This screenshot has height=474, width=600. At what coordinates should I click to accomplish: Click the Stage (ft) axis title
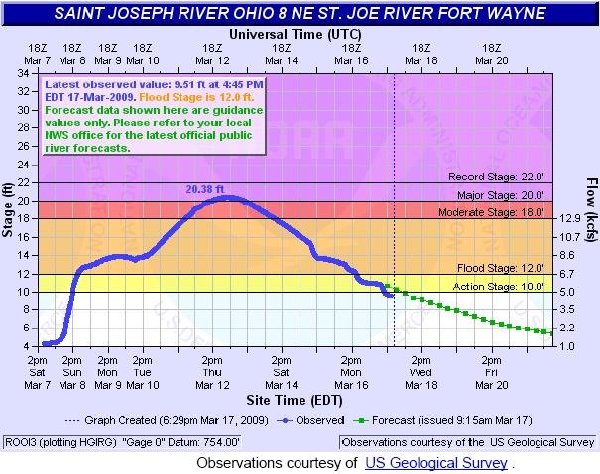point(9,208)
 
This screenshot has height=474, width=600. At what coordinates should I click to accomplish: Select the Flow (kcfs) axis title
point(591,208)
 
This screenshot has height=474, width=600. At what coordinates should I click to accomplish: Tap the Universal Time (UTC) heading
point(296,33)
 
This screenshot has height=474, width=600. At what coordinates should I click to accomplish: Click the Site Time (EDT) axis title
point(296,400)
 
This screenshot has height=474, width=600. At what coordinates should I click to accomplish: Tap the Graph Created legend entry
point(190,420)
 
